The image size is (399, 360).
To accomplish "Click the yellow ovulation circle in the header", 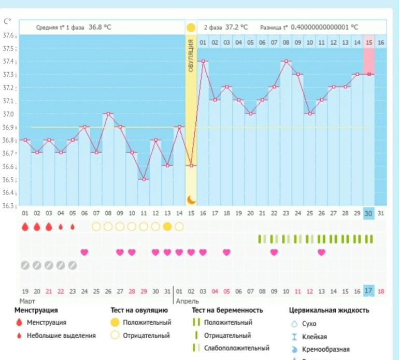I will (x=191, y=27).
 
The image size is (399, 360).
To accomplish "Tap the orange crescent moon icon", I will (x=191, y=199).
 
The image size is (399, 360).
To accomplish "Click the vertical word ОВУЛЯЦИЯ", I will (x=191, y=55).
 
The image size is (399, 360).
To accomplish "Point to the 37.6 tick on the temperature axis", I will (x=9, y=36).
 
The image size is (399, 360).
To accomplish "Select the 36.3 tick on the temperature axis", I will (x=9, y=206).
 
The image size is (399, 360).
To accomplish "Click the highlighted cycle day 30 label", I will (x=368, y=213).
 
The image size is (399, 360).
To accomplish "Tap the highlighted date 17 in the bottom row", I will (x=368, y=291).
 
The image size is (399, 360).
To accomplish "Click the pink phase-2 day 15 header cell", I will (x=368, y=42).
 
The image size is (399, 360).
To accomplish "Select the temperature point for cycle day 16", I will (x=203, y=61).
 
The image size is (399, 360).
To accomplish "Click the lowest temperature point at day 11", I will (x=144, y=179).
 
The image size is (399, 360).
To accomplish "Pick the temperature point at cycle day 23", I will (x=286, y=61).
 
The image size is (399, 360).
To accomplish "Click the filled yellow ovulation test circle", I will (x=167, y=227).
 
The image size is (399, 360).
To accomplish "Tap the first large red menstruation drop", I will (x=25, y=227).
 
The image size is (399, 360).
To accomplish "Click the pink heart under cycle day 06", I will (x=84, y=252).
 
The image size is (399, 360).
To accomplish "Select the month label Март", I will (x=27, y=301).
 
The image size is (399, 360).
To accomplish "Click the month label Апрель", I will (x=187, y=301).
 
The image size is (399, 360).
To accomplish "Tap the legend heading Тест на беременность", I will (x=227, y=310).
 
